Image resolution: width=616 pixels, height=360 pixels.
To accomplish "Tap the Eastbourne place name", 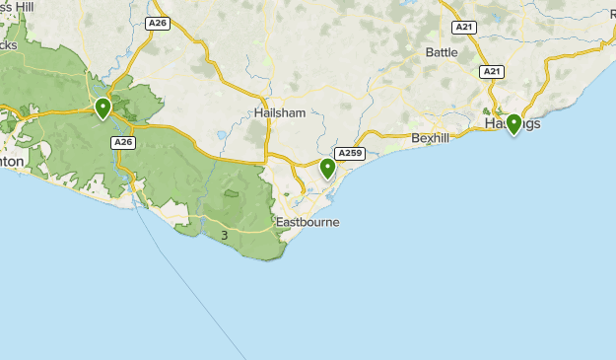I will (308, 222).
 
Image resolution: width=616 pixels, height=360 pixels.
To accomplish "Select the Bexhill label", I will (430, 138).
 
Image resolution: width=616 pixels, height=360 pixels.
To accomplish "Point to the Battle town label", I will (442, 51).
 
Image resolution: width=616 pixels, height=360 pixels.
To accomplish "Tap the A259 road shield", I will (350, 153).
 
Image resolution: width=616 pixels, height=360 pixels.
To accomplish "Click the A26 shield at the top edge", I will (157, 22).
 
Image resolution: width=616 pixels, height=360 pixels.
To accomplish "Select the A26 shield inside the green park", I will (122, 143).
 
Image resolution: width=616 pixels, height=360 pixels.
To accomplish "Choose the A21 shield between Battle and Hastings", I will (492, 72).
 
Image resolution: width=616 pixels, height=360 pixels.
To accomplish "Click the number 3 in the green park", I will (225, 235).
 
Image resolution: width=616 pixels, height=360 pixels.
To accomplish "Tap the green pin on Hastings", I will (513, 123).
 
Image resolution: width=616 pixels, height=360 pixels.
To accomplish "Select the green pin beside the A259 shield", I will (327, 168).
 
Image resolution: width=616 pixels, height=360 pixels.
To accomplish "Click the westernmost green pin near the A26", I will (103, 108).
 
